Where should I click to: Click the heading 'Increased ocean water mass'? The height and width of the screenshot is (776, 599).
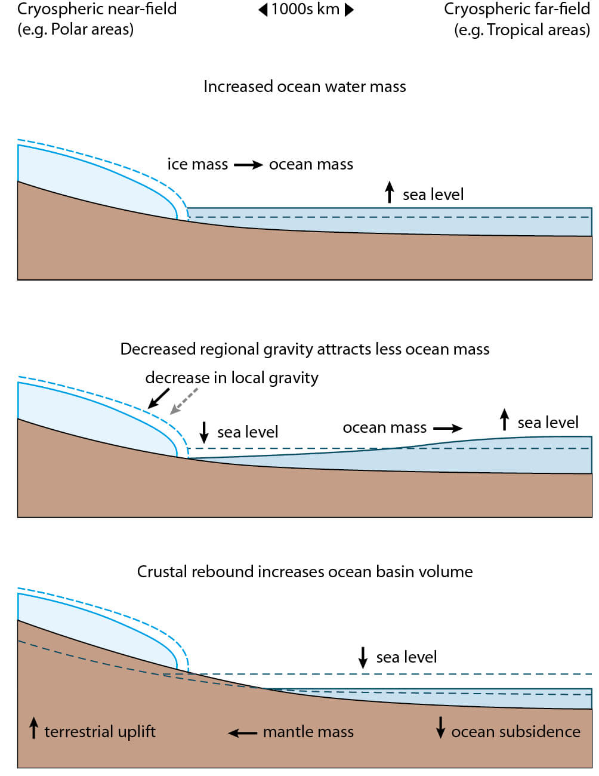(x=304, y=87)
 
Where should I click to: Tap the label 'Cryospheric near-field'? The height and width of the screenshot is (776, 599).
(x=97, y=9)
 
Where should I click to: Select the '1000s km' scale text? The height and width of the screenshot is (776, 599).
(x=305, y=10)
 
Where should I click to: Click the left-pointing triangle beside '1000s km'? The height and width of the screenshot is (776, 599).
(x=263, y=10)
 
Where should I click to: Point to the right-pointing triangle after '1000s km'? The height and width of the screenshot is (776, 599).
(x=350, y=10)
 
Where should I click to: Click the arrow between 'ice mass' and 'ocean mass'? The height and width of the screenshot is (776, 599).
(x=248, y=165)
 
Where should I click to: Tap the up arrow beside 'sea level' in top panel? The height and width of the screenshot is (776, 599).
(x=390, y=192)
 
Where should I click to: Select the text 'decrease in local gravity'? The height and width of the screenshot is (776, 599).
(x=231, y=378)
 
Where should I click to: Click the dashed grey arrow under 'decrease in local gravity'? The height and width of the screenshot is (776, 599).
(x=184, y=401)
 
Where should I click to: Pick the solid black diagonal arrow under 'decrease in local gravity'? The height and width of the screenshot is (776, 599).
(x=159, y=398)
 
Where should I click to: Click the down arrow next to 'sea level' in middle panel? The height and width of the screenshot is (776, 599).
(x=204, y=432)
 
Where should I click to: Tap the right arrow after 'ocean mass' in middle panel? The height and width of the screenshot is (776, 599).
(x=447, y=428)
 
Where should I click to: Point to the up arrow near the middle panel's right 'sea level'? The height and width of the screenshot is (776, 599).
(x=505, y=420)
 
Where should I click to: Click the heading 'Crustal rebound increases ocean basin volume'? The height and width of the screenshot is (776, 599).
(x=304, y=572)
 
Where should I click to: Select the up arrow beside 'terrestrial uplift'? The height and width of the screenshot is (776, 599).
(x=33, y=728)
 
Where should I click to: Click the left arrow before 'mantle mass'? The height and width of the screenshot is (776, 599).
(x=243, y=732)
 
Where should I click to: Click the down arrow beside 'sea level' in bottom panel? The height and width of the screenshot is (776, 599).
(x=363, y=657)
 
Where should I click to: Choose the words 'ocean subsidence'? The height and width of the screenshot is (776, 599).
(x=515, y=732)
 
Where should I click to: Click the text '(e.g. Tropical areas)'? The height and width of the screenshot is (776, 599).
(x=522, y=30)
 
